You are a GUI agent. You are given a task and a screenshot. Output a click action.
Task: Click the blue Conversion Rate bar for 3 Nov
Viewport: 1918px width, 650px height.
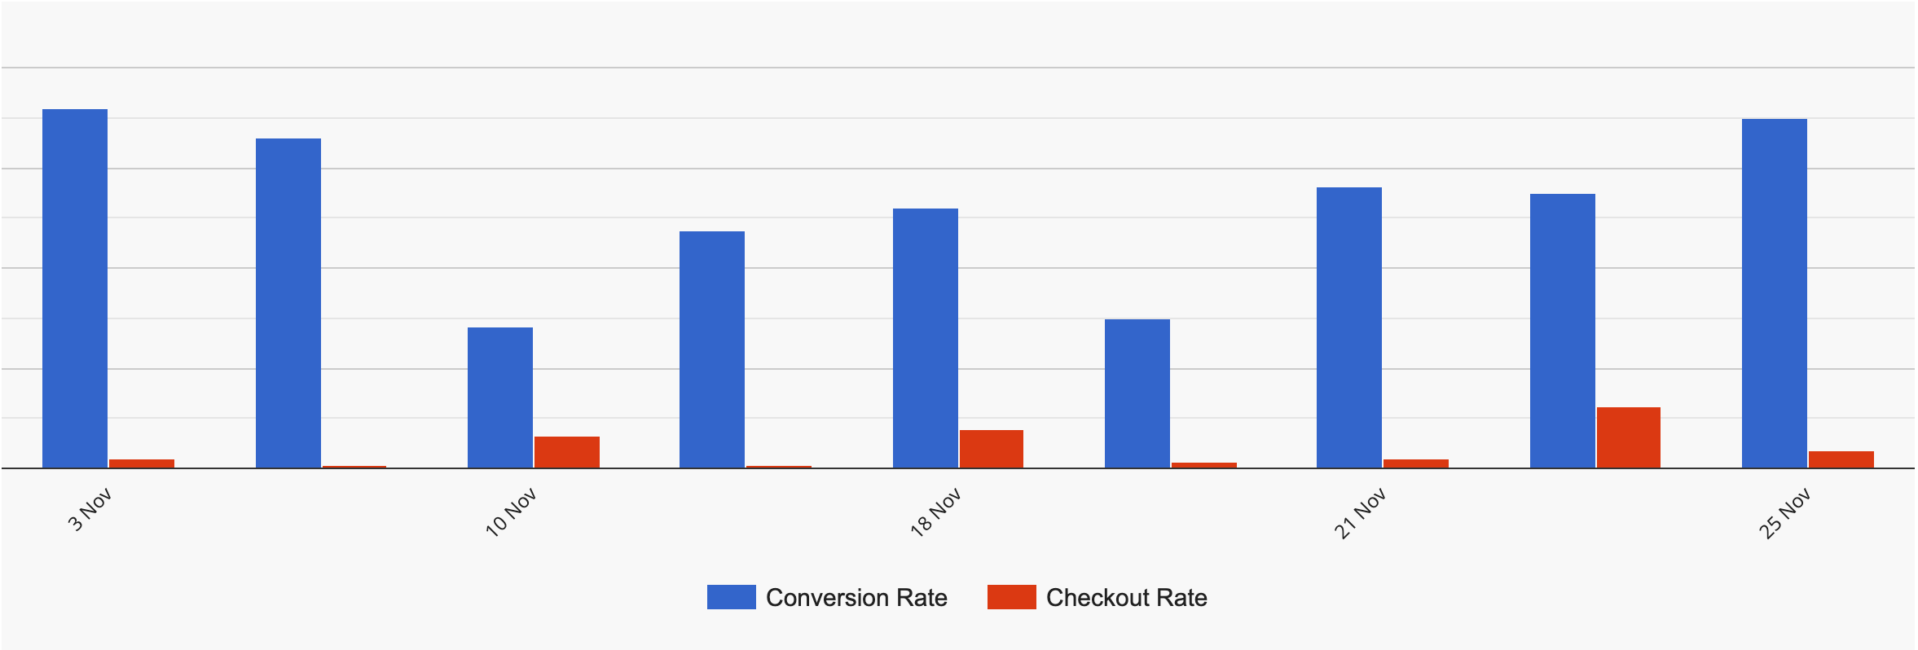click(75, 288)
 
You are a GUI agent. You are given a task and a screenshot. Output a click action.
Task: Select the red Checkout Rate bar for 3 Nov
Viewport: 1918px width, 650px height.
click(142, 463)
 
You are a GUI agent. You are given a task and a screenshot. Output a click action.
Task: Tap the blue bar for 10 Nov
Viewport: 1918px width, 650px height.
click(500, 397)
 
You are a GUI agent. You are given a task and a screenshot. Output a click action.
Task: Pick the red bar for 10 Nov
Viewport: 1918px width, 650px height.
click(567, 452)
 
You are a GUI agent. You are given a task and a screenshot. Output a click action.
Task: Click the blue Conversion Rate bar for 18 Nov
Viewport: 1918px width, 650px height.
click(926, 338)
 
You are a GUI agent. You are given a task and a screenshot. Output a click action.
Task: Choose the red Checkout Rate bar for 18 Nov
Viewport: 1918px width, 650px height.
click(991, 449)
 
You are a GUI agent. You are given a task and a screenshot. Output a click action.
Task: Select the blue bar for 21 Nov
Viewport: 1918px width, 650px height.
click(1349, 327)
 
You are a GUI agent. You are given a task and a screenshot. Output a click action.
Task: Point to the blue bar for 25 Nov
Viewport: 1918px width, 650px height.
click(1775, 293)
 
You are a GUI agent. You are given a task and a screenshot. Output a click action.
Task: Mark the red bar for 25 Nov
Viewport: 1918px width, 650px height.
click(1841, 459)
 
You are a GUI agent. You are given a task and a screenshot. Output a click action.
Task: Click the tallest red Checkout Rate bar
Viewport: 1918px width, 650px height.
click(1628, 437)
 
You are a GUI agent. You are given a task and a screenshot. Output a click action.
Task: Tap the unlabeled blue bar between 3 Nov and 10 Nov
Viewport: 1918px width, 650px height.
click(288, 303)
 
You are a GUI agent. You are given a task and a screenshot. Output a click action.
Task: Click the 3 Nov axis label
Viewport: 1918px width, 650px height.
click(89, 511)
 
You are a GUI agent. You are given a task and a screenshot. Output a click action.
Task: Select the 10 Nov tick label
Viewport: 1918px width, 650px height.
click(512, 512)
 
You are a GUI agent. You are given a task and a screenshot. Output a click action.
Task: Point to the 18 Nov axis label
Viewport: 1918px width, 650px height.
click(936, 512)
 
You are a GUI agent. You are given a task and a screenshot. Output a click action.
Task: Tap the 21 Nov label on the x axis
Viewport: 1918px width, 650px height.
click(1360, 512)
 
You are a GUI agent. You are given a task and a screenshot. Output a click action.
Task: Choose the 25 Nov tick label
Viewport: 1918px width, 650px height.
click(1784, 512)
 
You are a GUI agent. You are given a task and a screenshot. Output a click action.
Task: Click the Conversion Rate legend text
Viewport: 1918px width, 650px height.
click(856, 598)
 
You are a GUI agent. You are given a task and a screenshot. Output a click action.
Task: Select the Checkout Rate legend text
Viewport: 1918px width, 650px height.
click(1126, 598)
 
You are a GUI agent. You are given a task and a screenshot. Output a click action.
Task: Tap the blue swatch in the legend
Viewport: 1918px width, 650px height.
click(731, 597)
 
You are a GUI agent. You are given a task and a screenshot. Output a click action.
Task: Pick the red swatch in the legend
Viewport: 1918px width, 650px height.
click(1011, 597)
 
